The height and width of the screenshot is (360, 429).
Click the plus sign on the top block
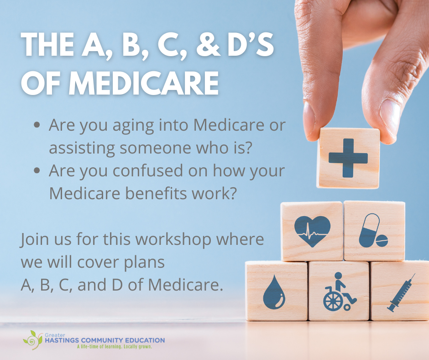coord(348,158)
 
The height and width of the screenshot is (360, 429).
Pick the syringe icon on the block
coord(402,293)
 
